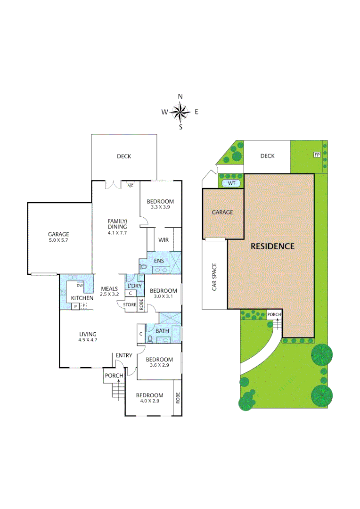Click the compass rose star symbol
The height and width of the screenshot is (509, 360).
coord(180,112)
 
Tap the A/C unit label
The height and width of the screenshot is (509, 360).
coord(131,185)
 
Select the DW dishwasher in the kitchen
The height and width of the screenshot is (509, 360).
coord(80,286)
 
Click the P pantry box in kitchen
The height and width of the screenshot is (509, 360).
coord(74,306)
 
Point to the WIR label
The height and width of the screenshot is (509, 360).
coord(164,240)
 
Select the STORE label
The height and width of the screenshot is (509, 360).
coord(130,305)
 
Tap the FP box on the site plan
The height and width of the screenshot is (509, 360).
coord(316,154)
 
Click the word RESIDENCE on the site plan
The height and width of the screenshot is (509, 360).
coord(272,246)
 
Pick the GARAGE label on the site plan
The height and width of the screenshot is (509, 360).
coord(222,212)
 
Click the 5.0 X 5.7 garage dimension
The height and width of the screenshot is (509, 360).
coord(58,241)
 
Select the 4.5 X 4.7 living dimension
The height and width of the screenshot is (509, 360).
coord(88,339)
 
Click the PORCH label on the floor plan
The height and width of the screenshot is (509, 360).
coord(114,376)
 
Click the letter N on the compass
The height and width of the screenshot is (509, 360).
coord(180,97)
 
